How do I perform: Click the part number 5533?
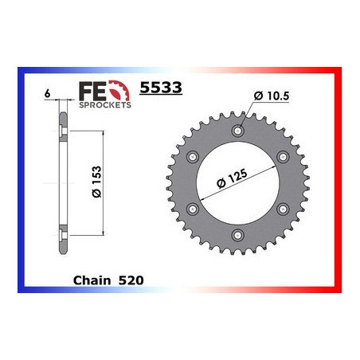[x=161, y=87]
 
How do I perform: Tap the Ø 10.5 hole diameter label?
[x=272, y=96]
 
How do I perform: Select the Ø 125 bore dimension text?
[x=232, y=178]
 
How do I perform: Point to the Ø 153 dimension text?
[x=97, y=182]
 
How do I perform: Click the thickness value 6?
[x=47, y=93]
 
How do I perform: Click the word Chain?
[x=92, y=280]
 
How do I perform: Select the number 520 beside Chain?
[x=131, y=280]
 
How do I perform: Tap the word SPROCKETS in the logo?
[x=105, y=105]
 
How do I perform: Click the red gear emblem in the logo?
[x=119, y=91]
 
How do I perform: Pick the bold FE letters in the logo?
[x=92, y=91]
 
